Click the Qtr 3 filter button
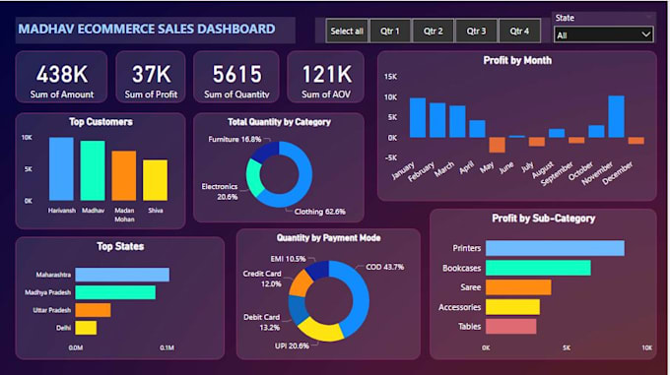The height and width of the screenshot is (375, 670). pyautogui.click(x=476, y=31)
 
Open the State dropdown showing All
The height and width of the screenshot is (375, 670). pyautogui.click(x=603, y=34)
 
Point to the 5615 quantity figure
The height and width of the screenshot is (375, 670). pyautogui.click(x=236, y=74)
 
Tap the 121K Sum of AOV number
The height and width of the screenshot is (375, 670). pyautogui.click(x=326, y=74)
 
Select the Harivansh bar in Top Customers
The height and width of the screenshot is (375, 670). pyautogui.click(x=61, y=168)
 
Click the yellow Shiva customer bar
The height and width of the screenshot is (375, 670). pyautogui.click(x=155, y=180)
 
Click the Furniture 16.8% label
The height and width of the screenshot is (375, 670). pyautogui.click(x=234, y=140)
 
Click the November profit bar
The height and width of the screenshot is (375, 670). pyautogui.click(x=616, y=116)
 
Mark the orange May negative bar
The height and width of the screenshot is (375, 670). pyautogui.click(x=497, y=145)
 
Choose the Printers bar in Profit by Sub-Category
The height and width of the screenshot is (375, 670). pyautogui.click(x=554, y=248)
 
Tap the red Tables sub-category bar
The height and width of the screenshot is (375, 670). pyautogui.click(x=510, y=326)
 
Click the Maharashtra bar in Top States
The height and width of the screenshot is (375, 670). pyautogui.click(x=122, y=275)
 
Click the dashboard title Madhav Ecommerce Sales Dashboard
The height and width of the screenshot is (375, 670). pyautogui.click(x=146, y=30)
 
